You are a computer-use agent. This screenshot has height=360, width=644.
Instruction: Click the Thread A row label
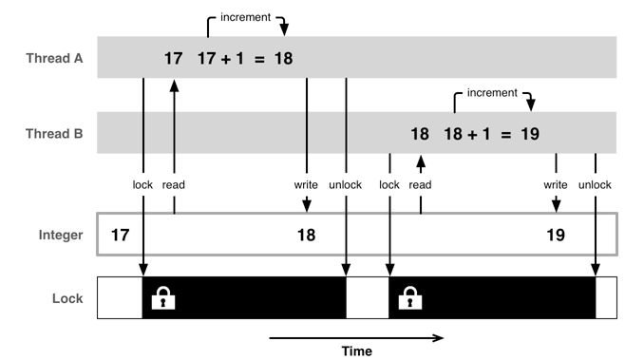point(54,59)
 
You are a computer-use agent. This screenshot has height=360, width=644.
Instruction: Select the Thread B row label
point(54,134)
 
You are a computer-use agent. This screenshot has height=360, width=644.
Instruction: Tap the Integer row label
point(61,235)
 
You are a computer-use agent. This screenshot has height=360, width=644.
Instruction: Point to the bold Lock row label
point(66,298)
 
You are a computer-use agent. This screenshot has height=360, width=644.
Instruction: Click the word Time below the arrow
point(356,351)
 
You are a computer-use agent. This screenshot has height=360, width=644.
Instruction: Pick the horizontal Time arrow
point(356,336)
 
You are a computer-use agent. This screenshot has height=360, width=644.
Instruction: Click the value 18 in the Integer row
point(306,235)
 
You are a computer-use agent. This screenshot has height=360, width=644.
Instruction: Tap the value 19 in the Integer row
point(556,235)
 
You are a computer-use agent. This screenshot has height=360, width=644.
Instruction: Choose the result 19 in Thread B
point(530,134)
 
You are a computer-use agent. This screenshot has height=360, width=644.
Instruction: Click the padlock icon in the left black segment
point(165,299)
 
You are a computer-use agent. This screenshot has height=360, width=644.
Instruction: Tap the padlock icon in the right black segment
point(412,299)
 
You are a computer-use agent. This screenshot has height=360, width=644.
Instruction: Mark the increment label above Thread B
point(492,93)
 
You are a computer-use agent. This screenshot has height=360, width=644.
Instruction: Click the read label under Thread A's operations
point(173,184)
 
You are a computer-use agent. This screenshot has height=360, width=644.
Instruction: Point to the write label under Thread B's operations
point(556,184)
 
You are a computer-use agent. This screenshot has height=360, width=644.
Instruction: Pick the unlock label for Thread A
point(345,184)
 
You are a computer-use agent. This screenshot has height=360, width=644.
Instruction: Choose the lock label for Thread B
point(389,184)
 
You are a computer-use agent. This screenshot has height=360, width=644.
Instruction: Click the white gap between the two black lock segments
point(368,298)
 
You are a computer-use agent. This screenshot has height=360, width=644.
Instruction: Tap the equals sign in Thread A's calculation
point(257,59)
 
